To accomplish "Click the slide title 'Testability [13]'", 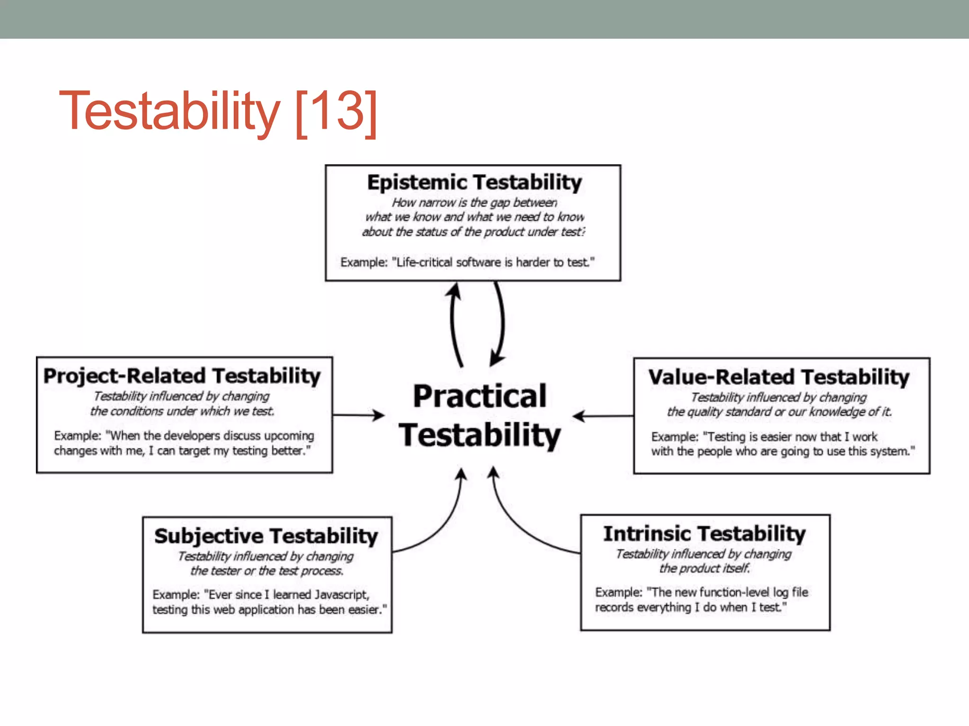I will (x=218, y=112).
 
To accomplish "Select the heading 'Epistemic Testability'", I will (x=474, y=182).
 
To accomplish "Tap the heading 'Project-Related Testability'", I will (x=182, y=376).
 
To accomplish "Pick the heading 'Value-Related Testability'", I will (x=779, y=377).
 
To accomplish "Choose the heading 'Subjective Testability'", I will (x=266, y=536).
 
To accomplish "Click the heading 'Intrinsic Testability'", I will (x=704, y=534).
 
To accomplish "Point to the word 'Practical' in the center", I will (x=480, y=396).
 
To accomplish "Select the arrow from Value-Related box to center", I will (x=603, y=416).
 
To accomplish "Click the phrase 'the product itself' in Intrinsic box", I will (x=704, y=568).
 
